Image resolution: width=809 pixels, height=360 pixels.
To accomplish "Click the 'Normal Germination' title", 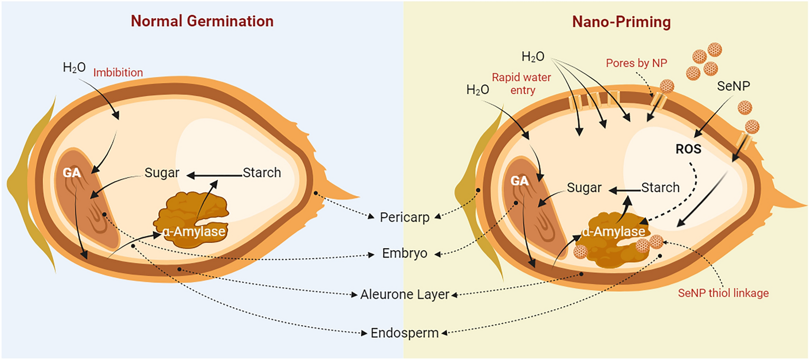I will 202,21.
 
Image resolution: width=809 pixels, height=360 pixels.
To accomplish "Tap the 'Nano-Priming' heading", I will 606,22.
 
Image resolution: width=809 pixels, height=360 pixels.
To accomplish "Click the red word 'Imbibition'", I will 118,73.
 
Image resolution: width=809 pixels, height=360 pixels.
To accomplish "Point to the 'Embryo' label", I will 404,253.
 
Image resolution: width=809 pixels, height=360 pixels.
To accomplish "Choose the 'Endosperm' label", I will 404,333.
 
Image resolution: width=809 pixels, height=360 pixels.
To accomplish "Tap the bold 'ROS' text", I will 688,149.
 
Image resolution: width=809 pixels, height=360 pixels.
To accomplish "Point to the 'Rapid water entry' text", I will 513,83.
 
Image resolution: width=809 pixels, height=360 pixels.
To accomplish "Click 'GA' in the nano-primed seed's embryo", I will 519,181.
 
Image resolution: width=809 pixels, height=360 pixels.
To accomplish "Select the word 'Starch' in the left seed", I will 262,173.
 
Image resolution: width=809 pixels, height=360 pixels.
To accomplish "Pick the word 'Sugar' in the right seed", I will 584,188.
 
